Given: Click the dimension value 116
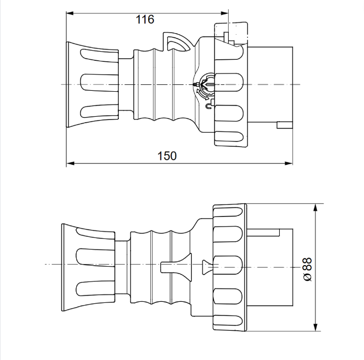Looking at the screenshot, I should pyautogui.click(x=144, y=20).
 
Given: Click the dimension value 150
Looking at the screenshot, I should pyautogui.click(x=167, y=156).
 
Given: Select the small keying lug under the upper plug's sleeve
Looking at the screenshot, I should pyautogui.click(x=284, y=125).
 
